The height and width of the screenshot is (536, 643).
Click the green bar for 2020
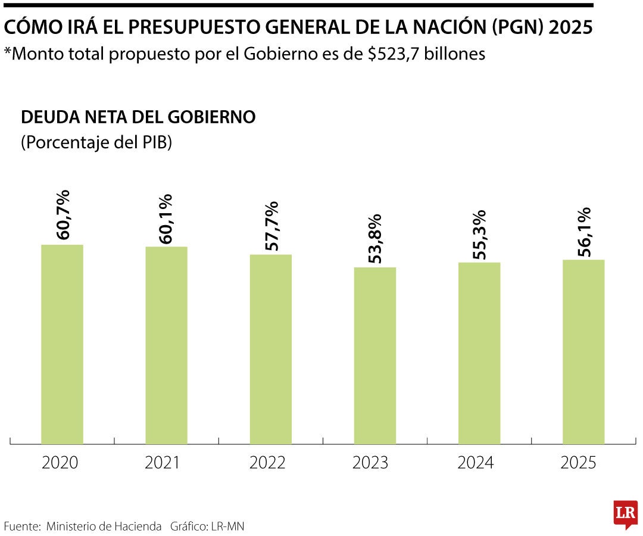click(x=62, y=344)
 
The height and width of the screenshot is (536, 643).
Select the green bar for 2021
click(x=166, y=345)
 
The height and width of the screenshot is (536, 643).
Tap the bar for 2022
click(x=270, y=349)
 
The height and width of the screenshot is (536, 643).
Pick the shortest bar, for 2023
click(x=375, y=356)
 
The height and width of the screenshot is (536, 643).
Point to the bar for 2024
click(x=479, y=353)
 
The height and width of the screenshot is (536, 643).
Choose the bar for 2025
click(x=583, y=351)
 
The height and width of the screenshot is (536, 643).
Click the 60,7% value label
click(x=63, y=215)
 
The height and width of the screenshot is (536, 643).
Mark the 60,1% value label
click(x=167, y=218)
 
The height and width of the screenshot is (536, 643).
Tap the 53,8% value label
click(x=375, y=238)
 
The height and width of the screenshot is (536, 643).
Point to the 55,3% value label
click(x=479, y=234)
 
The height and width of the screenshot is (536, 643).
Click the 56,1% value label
click(x=583, y=232)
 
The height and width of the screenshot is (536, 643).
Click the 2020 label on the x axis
click(x=60, y=463)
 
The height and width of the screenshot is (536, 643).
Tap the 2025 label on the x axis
click(x=579, y=463)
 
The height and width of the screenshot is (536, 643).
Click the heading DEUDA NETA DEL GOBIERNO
click(x=138, y=117)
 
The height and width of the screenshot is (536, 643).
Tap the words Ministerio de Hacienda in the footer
click(x=104, y=526)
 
